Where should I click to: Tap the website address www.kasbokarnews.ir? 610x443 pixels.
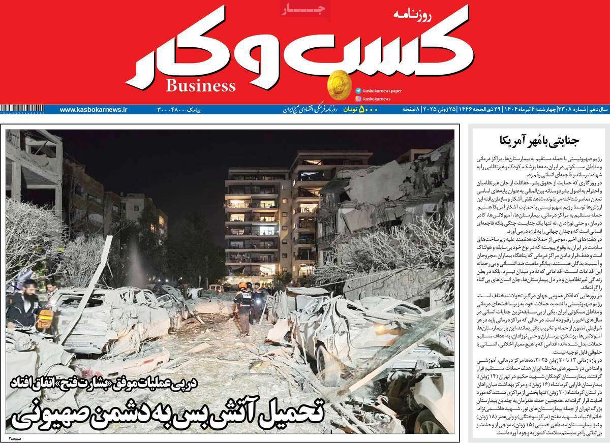94,109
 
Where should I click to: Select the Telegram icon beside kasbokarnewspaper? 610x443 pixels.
359,90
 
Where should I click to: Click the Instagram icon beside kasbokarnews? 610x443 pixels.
359,99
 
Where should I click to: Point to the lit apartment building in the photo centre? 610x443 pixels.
252,224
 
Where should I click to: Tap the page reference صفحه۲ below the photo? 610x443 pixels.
15,437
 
